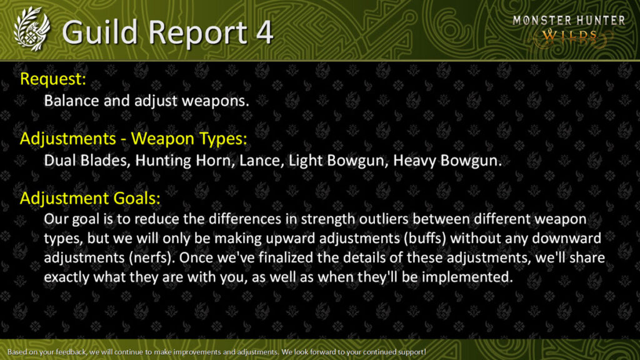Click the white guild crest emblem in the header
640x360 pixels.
click(x=31, y=29)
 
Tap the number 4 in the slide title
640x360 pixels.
click(x=264, y=32)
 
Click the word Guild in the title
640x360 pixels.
click(x=100, y=32)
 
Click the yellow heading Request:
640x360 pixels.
click(x=53, y=79)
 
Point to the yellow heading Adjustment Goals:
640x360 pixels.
click(x=90, y=198)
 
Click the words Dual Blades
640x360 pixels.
click(x=87, y=161)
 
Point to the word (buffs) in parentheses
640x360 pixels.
click(x=424, y=238)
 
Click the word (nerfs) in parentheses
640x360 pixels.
click(x=150, y=258)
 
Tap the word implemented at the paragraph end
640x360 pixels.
click(x=467, y=277)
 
